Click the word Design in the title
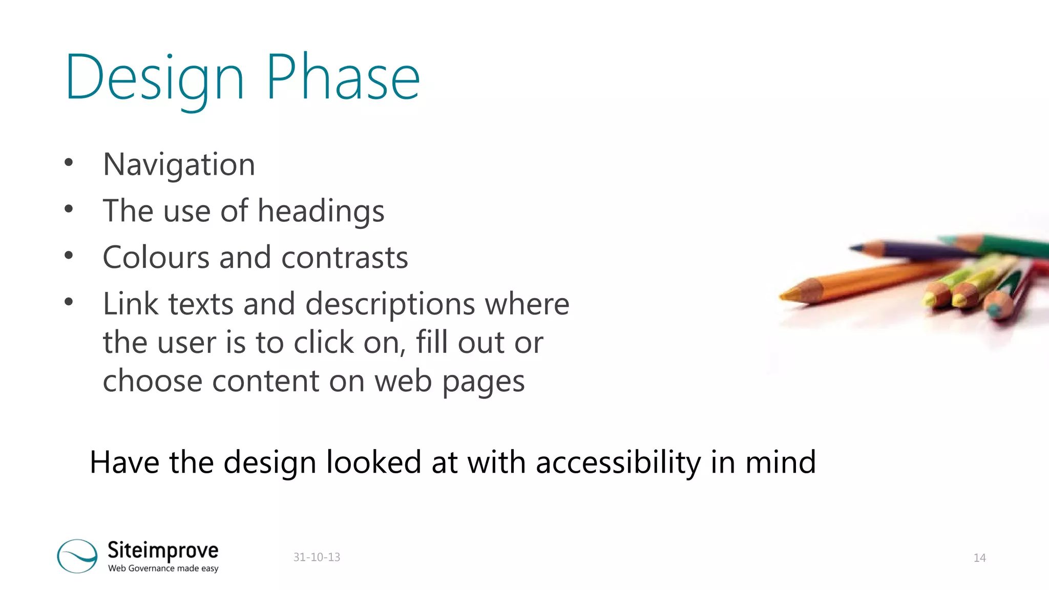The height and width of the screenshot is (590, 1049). tap(154, 78)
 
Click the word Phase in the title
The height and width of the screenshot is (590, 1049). tap(343, 78)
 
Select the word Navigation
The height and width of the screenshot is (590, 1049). tap(179, 164)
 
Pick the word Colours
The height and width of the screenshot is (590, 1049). tap(156, 257)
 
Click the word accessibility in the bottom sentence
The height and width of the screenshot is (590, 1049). tap(618, 462)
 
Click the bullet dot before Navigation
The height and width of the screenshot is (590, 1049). tap(69, 163)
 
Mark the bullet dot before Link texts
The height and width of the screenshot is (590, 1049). tap(69, 302)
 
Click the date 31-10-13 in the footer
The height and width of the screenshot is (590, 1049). tap(317, 557)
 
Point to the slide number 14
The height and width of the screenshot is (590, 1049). tap(979, 558)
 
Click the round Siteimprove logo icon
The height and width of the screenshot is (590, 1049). tap(77, 556)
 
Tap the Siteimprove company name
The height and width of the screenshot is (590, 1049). tap(163, 551)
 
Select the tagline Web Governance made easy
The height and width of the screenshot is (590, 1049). tap(163, 568)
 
